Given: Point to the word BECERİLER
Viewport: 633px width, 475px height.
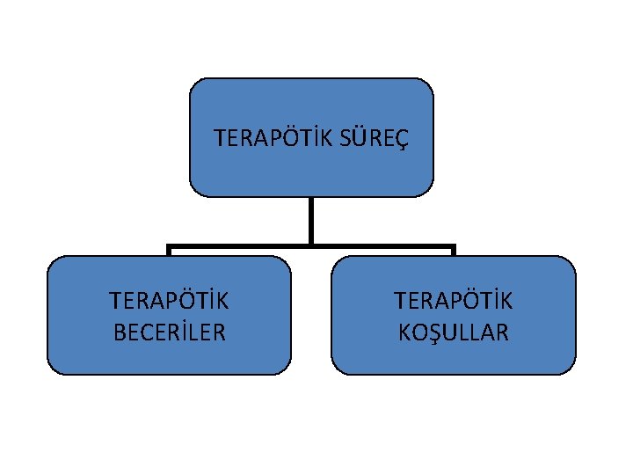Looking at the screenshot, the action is (x=169, y=332).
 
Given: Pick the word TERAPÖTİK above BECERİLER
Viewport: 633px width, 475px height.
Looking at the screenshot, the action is (x=169, y=302).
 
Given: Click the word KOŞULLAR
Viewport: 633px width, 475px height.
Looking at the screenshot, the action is (x=453, y=332).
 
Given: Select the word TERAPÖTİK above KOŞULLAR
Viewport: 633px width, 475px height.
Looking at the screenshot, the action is (x=453, y=302).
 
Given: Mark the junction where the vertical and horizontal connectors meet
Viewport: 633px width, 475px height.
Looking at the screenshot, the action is (x=311, y=246).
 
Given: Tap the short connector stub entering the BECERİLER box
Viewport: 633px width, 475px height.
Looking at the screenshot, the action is (x=170, y=252).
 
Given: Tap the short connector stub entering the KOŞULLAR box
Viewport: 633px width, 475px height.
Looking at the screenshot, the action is (x=453, y=252).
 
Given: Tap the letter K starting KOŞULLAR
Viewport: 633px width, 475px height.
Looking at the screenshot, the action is (x=404, y=332).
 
